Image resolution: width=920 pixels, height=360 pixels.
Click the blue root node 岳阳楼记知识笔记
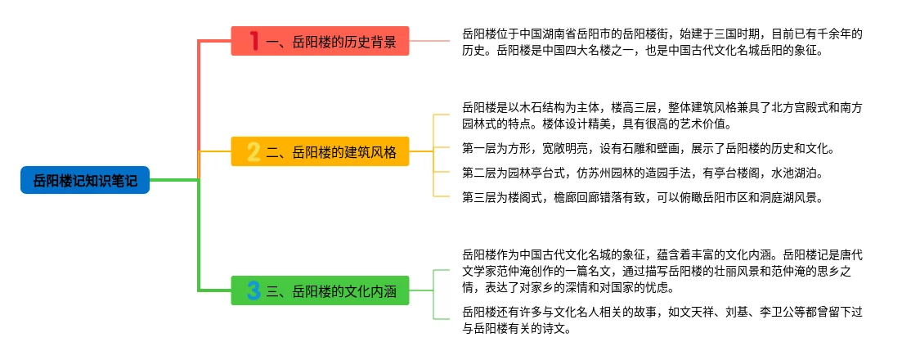85,179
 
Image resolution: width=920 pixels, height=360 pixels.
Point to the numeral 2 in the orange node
254,151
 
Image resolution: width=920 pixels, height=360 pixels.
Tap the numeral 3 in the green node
254,290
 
